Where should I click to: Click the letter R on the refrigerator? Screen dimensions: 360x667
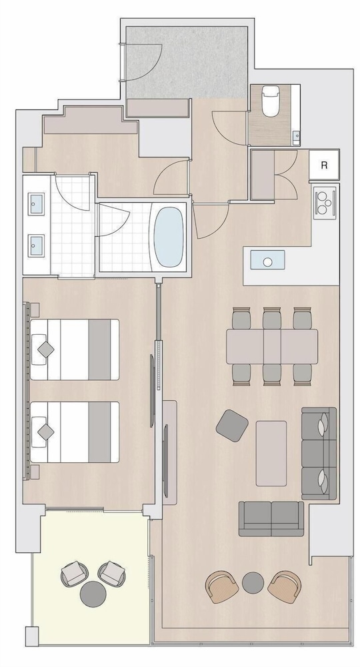tap(324, 165)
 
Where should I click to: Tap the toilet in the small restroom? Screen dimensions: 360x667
tap(269, 101)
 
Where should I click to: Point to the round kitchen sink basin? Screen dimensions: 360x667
tap(267, 262)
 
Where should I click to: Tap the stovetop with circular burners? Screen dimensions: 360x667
tap(325, 203)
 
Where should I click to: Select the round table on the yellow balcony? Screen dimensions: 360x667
tap(93, 594)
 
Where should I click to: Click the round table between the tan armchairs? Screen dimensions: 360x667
tap(253, 582)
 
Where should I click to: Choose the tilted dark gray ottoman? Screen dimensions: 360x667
tap(232, 424)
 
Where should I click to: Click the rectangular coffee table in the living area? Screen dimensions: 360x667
tap(271, 453)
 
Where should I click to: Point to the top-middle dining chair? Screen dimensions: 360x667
tap(271, 317)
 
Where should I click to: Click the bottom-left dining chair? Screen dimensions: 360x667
tap(241, 374)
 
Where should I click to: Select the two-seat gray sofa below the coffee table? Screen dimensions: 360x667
tap(271, 518)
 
